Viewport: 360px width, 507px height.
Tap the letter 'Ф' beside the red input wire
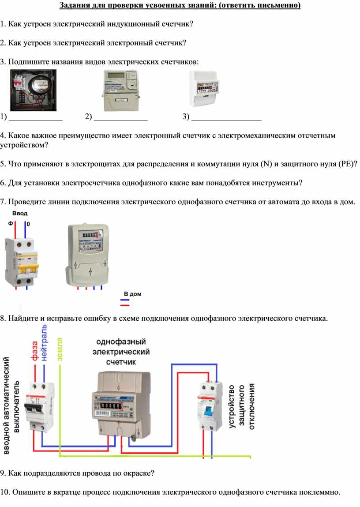10,224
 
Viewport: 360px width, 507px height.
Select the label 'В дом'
132,293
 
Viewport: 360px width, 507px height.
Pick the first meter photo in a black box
33,90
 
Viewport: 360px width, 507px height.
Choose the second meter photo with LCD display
121,90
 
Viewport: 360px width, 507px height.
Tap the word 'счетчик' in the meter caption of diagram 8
121,361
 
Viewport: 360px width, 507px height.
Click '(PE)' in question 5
346,164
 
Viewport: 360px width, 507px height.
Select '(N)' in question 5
266,164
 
